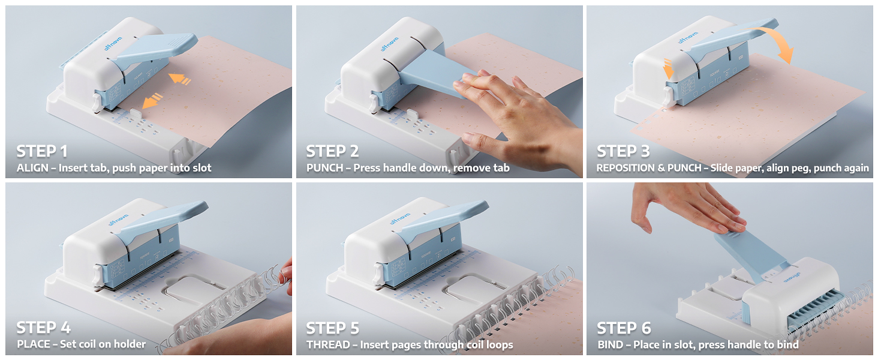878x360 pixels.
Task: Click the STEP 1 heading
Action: tap(42, 151)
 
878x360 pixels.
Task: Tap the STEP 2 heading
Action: tap(332, 151)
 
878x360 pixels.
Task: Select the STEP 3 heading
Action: tap(623, 151)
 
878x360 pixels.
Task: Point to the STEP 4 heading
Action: tap(44, 328)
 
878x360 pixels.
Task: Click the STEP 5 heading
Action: tap(332, 328)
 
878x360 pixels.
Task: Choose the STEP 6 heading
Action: tap(624, 328)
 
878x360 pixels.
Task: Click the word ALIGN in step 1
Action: tap(32, 168)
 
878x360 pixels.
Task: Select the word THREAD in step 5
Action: tap(328, 345)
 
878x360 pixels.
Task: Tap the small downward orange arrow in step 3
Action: tap(668, 69)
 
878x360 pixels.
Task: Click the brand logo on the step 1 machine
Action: tap(113, 43)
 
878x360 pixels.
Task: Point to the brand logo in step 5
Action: tap(399, 218)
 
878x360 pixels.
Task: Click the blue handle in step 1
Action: tap(155, 50)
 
